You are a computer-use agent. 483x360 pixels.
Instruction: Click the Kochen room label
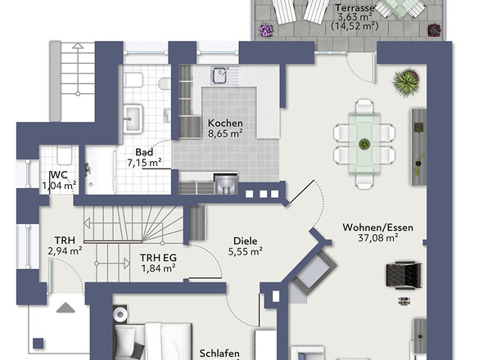tap(225, 124)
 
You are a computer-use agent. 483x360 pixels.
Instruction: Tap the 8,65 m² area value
tap(225, 133)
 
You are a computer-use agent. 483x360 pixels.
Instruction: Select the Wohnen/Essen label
tap(378, 227)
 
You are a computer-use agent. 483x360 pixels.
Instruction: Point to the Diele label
tap(246, 241)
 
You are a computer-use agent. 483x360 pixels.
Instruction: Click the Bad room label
tap(144, 152)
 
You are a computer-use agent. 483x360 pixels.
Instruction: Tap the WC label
tap(59, 175)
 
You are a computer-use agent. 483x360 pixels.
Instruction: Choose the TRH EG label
tap(158, 258)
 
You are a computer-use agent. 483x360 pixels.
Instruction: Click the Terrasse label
tap(354, 7)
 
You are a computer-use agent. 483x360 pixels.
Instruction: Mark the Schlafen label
tap(219, 353)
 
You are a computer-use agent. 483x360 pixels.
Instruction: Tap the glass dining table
tap(364, 145)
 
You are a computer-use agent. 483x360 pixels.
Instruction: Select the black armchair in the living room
tap(404, 275)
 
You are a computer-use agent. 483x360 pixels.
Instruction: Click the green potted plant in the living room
tap(406, 82)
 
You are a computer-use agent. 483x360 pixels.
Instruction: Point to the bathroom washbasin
tap(133, 119)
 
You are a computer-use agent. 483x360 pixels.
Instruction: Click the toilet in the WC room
tap(64, 155)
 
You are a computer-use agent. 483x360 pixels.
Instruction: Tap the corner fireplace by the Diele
tap(314, 271)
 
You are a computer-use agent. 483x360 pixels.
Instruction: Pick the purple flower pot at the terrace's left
tap(265, 30)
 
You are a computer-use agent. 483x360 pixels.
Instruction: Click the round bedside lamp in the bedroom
tap(120, 314)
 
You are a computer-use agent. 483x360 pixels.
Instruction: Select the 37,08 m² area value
tap(378, 238)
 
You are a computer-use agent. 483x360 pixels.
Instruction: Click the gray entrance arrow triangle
tap(65, 308)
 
